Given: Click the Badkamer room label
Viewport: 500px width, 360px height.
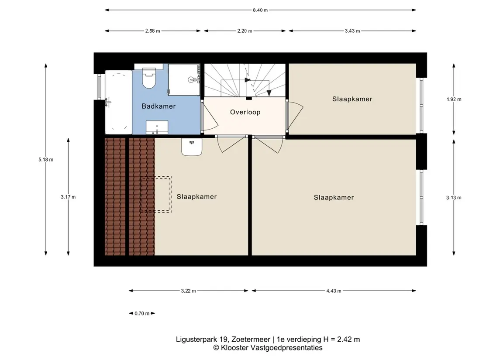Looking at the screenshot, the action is pyautogui.click(x=159, y=106).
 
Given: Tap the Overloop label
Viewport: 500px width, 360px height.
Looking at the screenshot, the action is pyautogui.click(x=245, y=112).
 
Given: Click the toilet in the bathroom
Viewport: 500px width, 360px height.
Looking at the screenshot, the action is pyautogui.click(x=148, y=78).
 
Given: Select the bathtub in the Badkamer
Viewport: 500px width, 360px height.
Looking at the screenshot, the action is pyautogui.click(x=119, y=102).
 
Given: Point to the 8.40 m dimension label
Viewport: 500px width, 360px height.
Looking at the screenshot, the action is pyautogui.click(x=260, y=10).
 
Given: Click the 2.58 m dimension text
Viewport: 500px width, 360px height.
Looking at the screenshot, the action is pyautogui.click(x=152, y=31).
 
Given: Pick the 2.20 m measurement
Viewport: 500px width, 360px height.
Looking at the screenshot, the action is pyautogui.click(x=245, y=31).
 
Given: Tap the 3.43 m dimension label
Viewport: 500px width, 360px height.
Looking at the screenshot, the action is pyautogui.click(x=352, y=31).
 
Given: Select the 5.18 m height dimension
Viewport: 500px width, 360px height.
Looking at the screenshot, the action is pyautogui.click(x=46, y=160).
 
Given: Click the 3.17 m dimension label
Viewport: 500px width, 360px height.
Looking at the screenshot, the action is pyautogui.click(x=68, y=197).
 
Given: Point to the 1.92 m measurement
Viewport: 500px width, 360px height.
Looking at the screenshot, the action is pyautogui.click(x=454, y=99).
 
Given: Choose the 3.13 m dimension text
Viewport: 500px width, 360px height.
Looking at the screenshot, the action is pyautogui.click(x=454, y=198).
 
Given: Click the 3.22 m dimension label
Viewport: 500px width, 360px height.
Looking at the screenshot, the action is pyautogui.click(x=189, y=291).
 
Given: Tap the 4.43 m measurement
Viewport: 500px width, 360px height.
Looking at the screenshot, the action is pyautogui.click(x=334, y=291).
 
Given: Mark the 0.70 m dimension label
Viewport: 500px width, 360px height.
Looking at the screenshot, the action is pyautogui.click(x=142, y=313).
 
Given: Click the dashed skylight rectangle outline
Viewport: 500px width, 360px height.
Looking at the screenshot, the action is pyautogui.click(x=156, y=177).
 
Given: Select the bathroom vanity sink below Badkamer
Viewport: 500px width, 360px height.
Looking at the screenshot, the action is pyautogui.click(x=157, y=127).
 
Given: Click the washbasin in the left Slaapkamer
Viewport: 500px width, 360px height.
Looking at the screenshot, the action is pyautogui.click(x=192, y=147).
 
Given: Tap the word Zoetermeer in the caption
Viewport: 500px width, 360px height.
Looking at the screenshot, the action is pyautogui.click(x=250, y=339).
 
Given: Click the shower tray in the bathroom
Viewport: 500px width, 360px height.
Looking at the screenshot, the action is pyautogui.click(x=184, y=80).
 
